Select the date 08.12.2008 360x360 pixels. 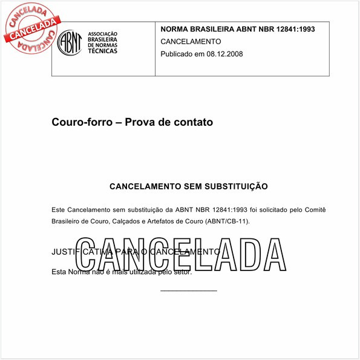(224, 54)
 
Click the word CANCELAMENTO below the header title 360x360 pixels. (191, 41)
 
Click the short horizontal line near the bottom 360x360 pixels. (188, 291)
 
